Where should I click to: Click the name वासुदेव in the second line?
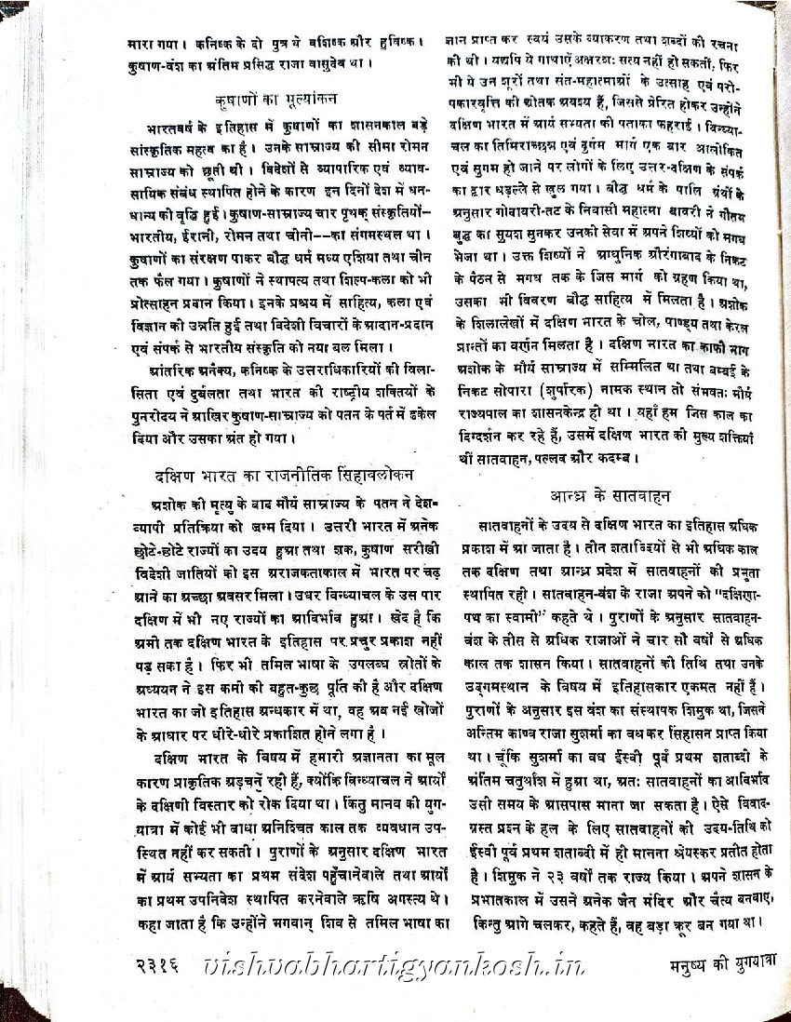(x=335, y=63)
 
